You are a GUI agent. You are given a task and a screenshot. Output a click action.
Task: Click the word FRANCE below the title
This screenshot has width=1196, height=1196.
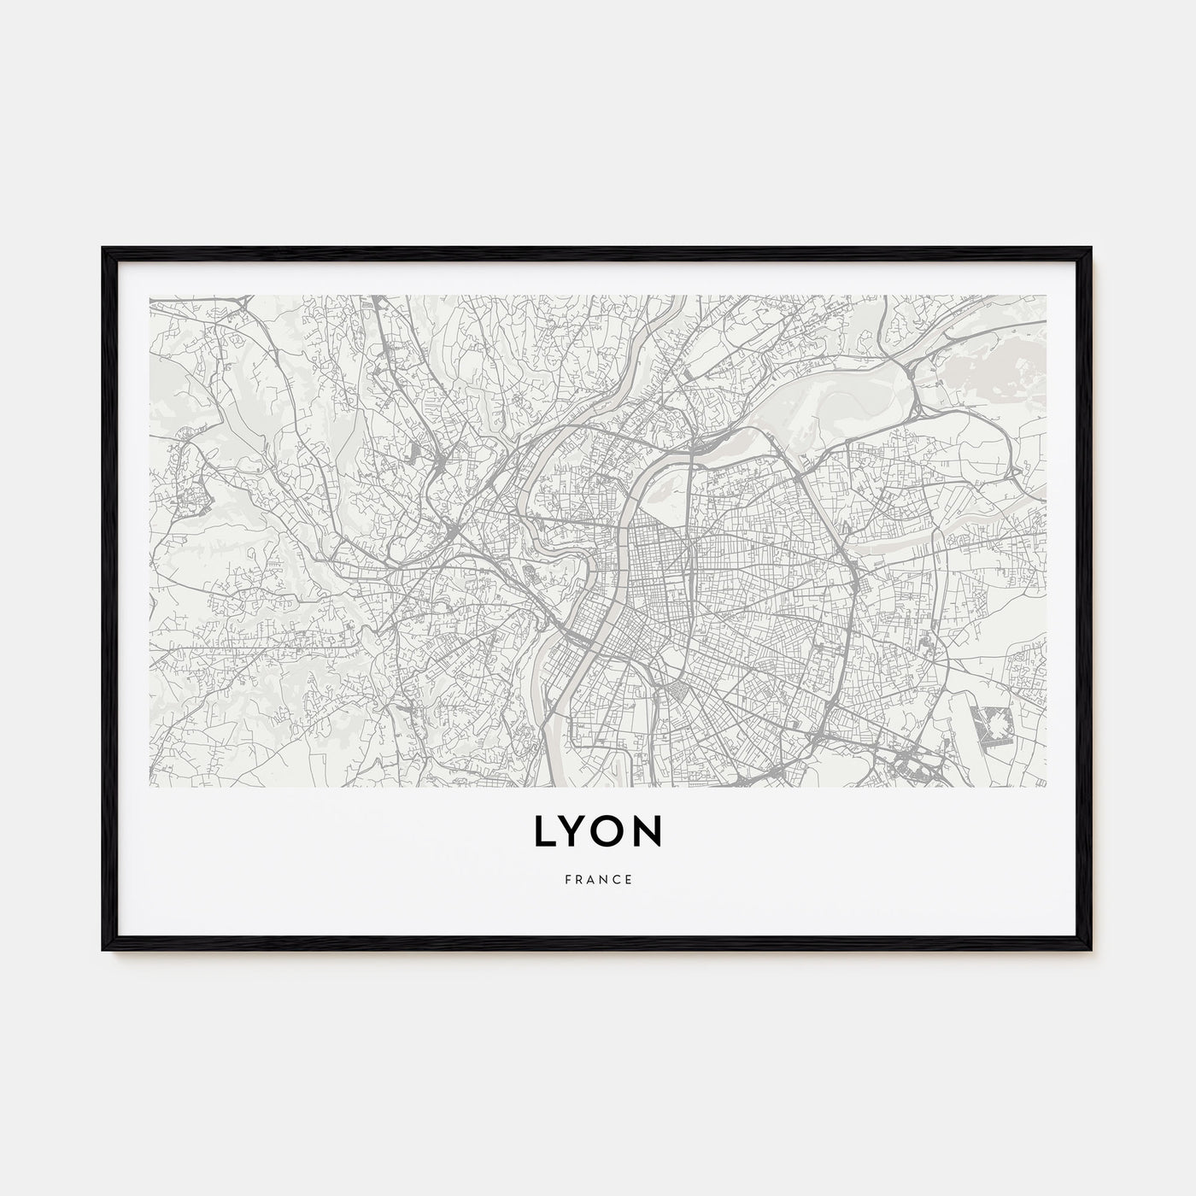598,878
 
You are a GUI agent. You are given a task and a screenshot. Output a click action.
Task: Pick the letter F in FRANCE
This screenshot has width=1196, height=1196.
567,878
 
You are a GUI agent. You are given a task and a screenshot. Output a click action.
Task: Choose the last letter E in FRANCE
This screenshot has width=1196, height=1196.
630,878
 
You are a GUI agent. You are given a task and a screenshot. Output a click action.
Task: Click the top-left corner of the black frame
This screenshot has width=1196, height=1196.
103,249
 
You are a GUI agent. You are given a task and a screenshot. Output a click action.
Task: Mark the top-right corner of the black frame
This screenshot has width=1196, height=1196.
1092,249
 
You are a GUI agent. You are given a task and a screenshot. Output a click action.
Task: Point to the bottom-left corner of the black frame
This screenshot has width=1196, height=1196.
103,950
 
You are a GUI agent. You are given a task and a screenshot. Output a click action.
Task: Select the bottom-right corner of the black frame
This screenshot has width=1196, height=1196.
1092,950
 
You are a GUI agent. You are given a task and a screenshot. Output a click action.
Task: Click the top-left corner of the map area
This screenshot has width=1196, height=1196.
149,296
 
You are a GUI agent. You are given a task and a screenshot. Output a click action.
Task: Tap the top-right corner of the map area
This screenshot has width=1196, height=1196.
1047,296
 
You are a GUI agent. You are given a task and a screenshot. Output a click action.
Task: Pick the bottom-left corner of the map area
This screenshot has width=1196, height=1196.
149,786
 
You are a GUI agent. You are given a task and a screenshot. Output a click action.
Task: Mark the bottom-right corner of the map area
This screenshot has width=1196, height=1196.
1047,786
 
